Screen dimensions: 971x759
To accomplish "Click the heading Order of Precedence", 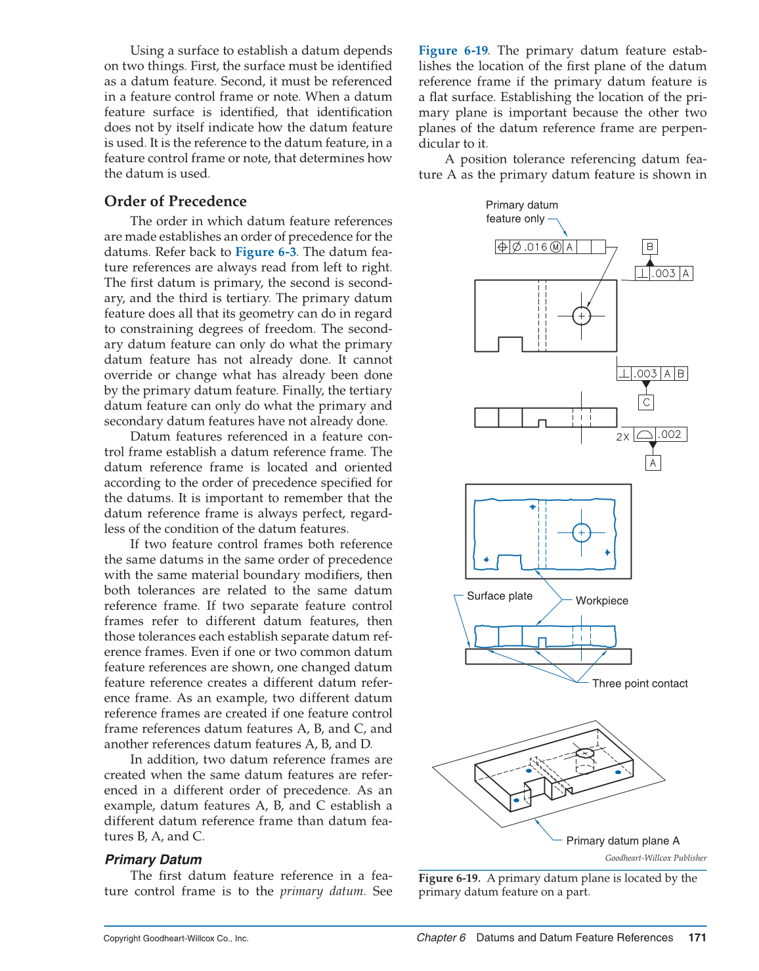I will point(175,202).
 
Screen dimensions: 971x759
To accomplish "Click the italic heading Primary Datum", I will point(153,859).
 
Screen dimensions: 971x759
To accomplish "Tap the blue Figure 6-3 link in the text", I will point(265,252).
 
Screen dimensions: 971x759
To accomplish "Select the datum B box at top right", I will point(649,247).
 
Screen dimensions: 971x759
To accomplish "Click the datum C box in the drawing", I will point(646,402).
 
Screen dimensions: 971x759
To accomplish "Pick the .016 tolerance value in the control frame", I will point(536,247).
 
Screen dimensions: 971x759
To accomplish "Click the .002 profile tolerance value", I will point(670,435).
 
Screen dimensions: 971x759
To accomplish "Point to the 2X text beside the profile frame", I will point(622,437).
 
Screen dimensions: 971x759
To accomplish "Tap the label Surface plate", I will point(499,596).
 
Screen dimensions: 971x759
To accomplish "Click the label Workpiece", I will point(601,601).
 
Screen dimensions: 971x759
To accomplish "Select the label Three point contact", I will point(640,683).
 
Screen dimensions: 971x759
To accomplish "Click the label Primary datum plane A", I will point(622,841).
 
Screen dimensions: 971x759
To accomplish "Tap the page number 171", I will point(697,938).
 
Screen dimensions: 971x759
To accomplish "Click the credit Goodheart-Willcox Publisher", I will point(655,858).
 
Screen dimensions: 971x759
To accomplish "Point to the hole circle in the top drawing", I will point(581,316).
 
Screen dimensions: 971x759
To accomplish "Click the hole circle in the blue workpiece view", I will point(581,532).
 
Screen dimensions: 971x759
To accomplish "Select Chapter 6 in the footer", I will point(441,938).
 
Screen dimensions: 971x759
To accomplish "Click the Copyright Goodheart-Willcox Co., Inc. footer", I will point(176,938).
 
